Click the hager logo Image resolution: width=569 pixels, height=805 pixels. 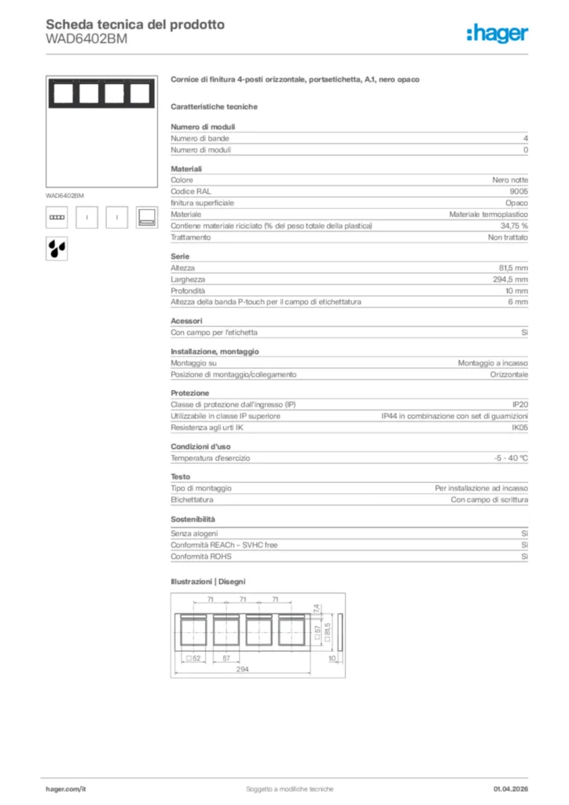(x=497, y=33)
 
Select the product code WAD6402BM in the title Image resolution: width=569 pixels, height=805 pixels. (x=86, y=39)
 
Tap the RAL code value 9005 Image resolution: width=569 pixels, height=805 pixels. (x=519, y=191)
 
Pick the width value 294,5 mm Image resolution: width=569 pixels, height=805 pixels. (x=510, y=279)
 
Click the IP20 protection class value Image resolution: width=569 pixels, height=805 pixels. (x=519, y=404)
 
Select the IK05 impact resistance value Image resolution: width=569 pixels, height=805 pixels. (x=519, y=428)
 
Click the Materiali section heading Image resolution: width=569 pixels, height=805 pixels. (x=186, y=168)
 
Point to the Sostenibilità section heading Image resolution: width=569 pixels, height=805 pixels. (x=193, y=520)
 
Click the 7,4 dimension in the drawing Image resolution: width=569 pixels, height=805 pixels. (x=315, y=608)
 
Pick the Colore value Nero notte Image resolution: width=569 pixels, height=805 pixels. (x=510, y=180)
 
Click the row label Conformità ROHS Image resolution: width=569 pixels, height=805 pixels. (x=200, y=557)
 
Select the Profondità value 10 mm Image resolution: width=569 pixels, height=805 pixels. (x=516, y=291)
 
